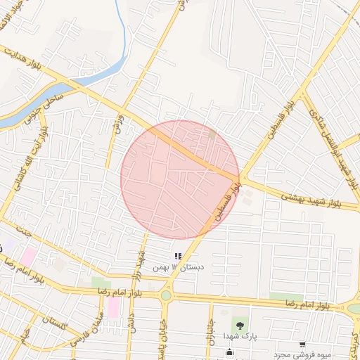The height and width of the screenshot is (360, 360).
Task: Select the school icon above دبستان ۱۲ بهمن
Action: pos(178,256)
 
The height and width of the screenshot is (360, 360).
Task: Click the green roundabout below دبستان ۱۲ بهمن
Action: pos(166,296)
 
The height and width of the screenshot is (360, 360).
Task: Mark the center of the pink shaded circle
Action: pos(180,179)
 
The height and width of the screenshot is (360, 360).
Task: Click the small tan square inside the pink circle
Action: pos(212,133)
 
